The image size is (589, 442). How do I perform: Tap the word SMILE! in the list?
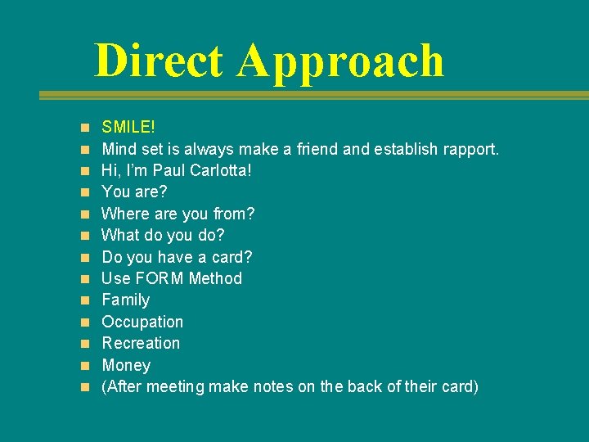tap(128, 128)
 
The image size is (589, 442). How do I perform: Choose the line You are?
tap(134, 192)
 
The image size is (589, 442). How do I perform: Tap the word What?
tap(121, 236)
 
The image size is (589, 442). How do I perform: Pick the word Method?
tap(215, 278)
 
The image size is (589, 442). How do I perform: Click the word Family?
tap(125, 300)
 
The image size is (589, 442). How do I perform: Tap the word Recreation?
tap(141, 343)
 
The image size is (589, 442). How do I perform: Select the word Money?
tap(126, 365)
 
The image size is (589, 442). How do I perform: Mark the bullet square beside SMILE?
tap(85, 129)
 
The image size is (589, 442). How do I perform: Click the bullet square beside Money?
tap(85, 365)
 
